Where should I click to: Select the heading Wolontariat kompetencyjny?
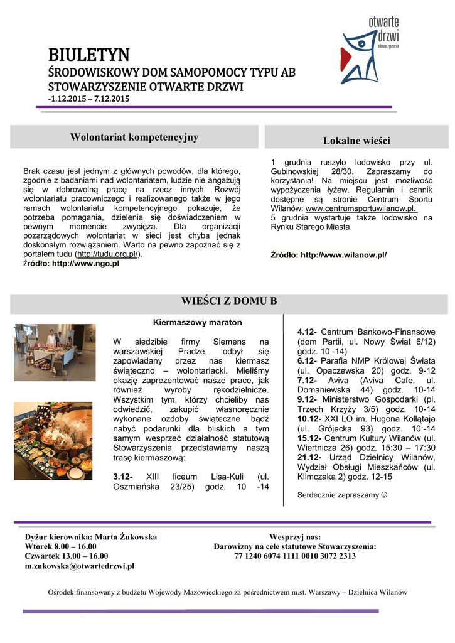pyautogui.click(x=134, y=137)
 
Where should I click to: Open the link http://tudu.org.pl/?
pyautogui.click(x=108, y=254)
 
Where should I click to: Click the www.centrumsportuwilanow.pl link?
pyautogui.click(x=361, y=208)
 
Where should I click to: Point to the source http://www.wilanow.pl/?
pyautogui.click(x=344, y=255)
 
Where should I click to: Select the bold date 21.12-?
pyautogui.click(x=310, y=457)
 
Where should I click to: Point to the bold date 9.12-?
pyautogui.click(x=307, y=399)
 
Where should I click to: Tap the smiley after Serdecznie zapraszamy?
pyautogui.click(x=385, y=495)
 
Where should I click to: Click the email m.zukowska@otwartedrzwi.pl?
pyautogui.click(x=80, y=566)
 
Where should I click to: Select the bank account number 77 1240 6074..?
pyautogui.click(x=295, y=556)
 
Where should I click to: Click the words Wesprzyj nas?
pyautogui.click(x=295, y=537)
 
